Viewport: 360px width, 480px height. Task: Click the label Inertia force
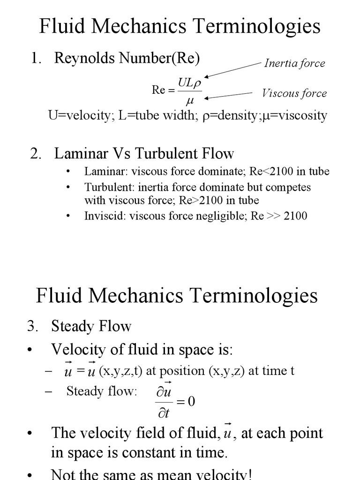pos(294,63)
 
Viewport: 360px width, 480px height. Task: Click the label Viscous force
pos(294,93)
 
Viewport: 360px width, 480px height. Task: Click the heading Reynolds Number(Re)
pos(127,58)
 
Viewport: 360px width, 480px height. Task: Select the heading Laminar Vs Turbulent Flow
pos(144,153)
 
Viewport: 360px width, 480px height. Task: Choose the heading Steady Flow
pos(91,326)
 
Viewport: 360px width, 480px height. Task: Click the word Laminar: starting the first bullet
pos(100,172)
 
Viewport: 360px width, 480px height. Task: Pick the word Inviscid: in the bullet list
pos(100,216)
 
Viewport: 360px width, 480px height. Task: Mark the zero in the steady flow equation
pos(191,402)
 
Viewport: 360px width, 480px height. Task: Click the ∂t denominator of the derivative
pos(163,413)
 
